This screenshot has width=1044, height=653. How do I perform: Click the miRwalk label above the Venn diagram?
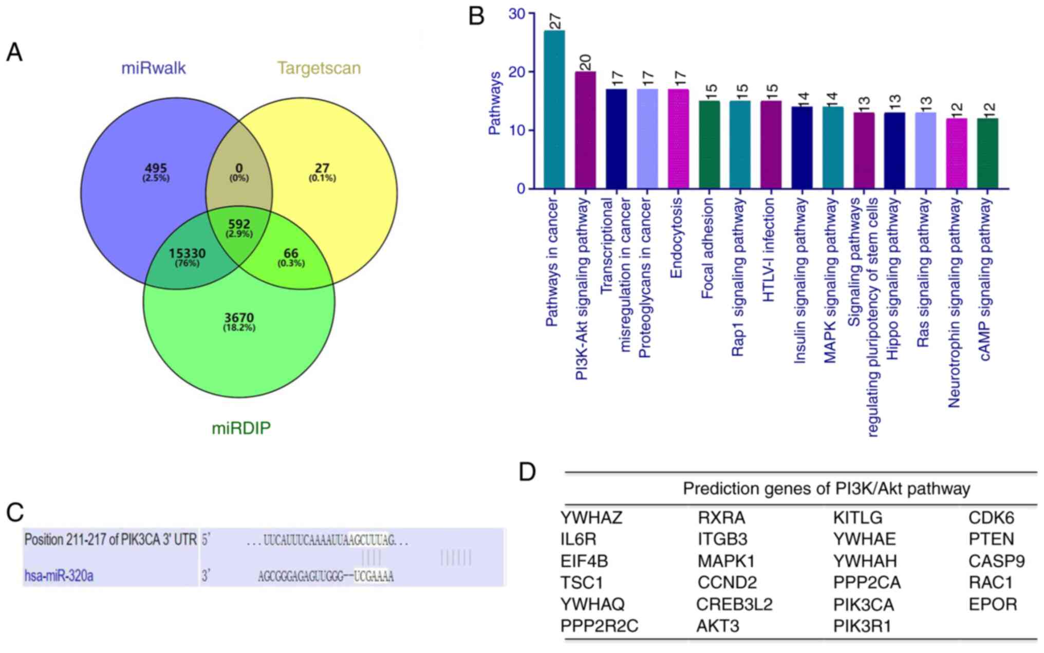(153, 68)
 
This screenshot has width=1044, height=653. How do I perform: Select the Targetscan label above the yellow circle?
(319, 68)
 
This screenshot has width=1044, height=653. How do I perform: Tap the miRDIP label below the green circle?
(241, 428)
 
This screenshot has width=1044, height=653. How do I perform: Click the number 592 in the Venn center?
(239, 225)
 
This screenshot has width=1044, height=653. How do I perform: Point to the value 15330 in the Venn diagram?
(187, 253)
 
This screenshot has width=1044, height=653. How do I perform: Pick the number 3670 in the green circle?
(239, 318)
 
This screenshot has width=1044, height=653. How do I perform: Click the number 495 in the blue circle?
(156, 169)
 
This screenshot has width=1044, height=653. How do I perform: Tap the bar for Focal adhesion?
(709, 144)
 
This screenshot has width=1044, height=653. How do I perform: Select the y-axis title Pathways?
(494, 103)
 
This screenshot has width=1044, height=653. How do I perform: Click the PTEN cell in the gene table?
(991, 539)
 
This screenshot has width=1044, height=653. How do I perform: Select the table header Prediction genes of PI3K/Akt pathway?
(826, 488)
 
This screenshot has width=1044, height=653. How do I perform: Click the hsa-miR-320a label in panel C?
(59, 575)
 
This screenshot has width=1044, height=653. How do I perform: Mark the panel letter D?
(527, 472)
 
